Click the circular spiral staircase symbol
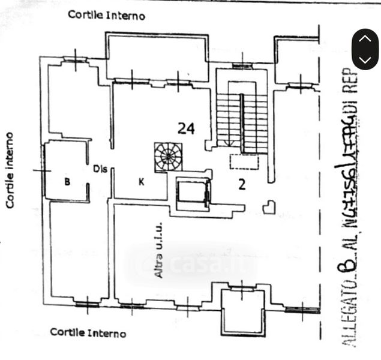[167, 157]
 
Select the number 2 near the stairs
[241, 184]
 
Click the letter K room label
[142, 183]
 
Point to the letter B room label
[67, 183]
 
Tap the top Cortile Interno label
[106, 15]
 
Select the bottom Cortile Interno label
[88, 332]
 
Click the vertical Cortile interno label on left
[10, 170]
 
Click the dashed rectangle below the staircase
[244, 161]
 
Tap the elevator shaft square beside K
[191, 194]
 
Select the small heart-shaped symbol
[269, 207]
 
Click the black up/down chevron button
[365, 49]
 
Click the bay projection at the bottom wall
[242, 311]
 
